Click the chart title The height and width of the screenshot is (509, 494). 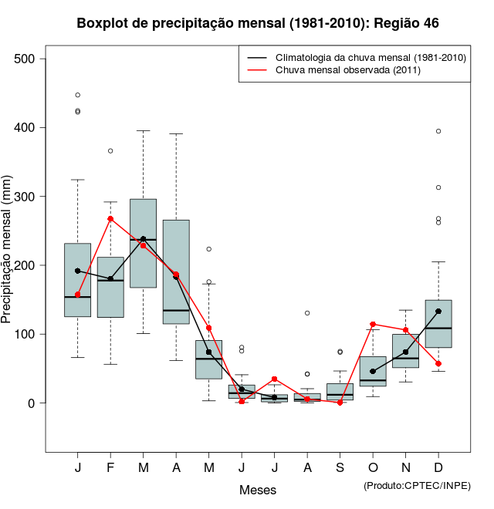(x=258, y=23)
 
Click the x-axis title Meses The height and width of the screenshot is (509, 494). (x=257, y=490)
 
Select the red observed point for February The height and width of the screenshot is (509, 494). (x=110, y=219)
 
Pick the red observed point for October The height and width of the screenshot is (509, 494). (x=373, y=325)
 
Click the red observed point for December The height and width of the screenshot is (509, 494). (x=438, y=363)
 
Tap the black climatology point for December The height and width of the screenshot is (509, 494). (x=438, y=312)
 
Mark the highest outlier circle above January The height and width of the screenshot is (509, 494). (x=78, y=95)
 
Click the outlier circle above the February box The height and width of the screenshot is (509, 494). (x=110, y=150)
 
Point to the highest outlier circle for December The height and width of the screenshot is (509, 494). (x=438, y=131)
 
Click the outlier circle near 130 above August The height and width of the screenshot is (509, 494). (x=307, y=313)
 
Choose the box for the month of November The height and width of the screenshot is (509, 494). (x=406, y=351)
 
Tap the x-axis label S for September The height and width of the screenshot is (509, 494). (x=340, y=468)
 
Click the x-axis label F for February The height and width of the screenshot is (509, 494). (x=110, y=468)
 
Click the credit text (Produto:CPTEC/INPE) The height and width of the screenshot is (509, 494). (x=417, y=485)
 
